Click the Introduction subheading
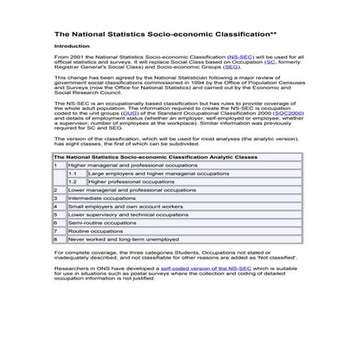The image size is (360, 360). point(72,47)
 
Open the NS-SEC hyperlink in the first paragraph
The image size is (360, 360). point(241,59)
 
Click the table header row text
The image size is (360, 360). point(155,158)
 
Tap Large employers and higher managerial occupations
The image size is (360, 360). point(158,173)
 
